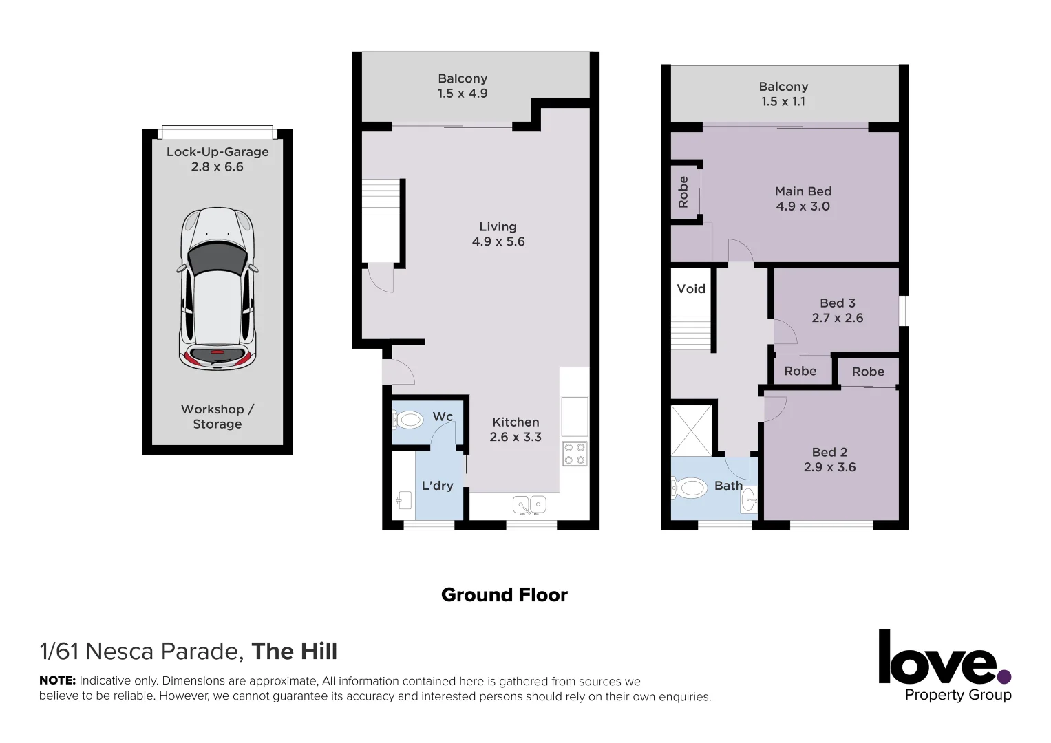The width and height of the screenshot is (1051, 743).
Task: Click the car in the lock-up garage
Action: (217, 288)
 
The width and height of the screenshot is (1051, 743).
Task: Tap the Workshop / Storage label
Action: (217, 416)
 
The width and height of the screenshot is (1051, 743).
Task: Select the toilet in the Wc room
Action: (409, 419)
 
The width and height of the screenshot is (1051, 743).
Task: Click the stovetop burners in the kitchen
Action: (575, 453)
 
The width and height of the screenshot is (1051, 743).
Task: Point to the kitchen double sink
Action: (529, 505)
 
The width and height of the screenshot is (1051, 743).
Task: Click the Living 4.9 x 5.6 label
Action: (498, 234)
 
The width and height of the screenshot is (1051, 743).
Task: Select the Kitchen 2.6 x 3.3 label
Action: (516, 429)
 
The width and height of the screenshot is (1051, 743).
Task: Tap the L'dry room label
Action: (437, 486)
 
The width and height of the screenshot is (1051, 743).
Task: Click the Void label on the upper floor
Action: (691, 289)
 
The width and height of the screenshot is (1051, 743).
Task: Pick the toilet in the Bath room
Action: (690, 489)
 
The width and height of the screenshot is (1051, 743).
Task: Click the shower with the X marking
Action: (691, 431)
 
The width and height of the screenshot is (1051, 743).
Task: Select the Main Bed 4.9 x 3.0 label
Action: (803, 199)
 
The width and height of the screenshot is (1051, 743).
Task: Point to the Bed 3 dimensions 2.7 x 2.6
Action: (837, 318)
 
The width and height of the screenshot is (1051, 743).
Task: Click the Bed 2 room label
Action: (829, 452)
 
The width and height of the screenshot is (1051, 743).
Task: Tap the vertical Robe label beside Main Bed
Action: (683, 192)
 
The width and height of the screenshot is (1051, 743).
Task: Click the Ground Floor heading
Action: (504, 595)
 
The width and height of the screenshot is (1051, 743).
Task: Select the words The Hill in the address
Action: (294, 652)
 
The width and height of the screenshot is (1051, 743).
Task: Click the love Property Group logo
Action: (944, 665)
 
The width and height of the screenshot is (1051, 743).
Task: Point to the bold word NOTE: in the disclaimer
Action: (57, 680)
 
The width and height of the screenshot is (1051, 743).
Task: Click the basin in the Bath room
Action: (748, 500)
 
